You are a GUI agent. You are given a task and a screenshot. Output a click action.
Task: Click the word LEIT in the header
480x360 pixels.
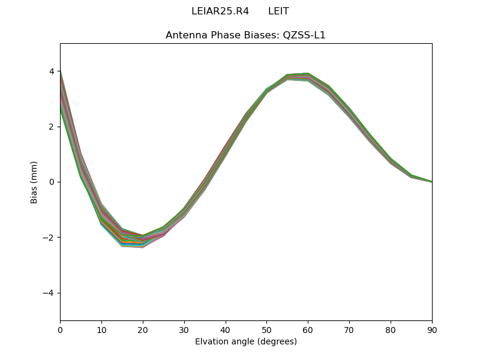pyautogui.click(x=278, y=11)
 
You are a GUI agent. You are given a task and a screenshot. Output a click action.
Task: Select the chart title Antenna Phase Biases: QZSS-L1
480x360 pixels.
pyautogui.click(x=245, y=35)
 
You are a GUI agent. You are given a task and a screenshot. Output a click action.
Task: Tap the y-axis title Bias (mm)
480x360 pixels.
pyautogui.click(x=34, y=182)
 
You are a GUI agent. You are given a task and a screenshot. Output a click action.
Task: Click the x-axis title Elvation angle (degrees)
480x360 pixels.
pyautogui.click(x=245, y=341)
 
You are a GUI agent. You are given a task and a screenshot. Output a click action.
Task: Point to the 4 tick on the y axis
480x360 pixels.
pyautogui.click(x=52, y=71)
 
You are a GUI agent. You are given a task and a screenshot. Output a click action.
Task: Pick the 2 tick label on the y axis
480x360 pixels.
pyautogui.click(x=52, y=127)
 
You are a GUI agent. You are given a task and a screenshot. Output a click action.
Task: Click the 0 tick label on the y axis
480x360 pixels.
pyautogui.click(x=52, y=182)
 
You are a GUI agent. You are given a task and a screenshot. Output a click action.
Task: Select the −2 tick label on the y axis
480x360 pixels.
pyautogui.click(x=49, y=238)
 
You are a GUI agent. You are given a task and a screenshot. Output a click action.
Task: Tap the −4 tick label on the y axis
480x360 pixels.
pyautogui.click(x=49, y=293)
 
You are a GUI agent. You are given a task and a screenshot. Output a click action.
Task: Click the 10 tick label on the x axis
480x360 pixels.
pyautogui.click(x=101, y=329)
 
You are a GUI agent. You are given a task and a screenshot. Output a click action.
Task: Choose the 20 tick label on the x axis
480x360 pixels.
pyautogui.click(x=143, y=329)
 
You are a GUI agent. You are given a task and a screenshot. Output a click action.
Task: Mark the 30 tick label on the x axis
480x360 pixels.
pyautogui.click(x=184, y=329)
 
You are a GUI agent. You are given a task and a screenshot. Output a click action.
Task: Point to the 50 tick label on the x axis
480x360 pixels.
pyautogui.click(x=266, y=329)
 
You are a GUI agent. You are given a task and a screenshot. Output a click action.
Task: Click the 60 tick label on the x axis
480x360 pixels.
pyautogui.click(x=308, y=329)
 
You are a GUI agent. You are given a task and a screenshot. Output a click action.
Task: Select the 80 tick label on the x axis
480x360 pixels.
pyautogui.click(x=391, y=329)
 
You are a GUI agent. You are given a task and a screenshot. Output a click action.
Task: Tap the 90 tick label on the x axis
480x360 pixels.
pyautogui.click(x=431, y=329)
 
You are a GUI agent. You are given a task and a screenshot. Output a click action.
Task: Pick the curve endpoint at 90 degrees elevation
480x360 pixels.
pyautogui.click(x=431, y=182)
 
